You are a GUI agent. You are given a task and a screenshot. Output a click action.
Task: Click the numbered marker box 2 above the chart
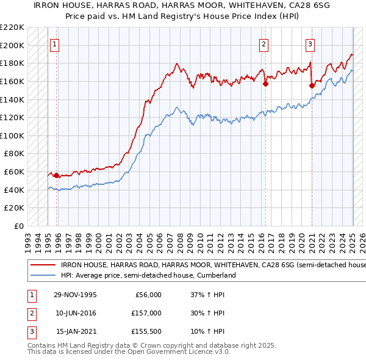(264, 44)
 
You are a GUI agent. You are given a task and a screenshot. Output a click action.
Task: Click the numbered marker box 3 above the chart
(310, 44)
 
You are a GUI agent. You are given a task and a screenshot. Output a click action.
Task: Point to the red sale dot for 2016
(265, 84)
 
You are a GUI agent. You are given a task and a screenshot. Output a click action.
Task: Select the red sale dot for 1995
(57, 176)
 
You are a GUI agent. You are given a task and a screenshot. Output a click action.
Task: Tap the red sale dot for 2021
(312, 85)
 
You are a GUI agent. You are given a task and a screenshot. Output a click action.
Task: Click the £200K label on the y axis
(12, 45)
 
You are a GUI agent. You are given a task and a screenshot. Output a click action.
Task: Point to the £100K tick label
(12, 135)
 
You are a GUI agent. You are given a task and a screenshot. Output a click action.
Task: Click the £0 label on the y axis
(19, 226)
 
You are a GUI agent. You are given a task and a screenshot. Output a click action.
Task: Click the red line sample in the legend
(42, 265)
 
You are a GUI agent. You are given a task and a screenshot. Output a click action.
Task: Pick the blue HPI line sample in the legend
(42, 276)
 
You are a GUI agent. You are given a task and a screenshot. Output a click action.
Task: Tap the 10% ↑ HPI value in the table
(209, 331)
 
